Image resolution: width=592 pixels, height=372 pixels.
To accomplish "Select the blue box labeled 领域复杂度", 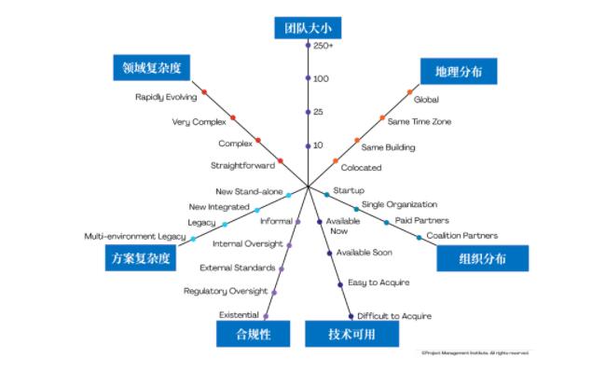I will tap(150, 67).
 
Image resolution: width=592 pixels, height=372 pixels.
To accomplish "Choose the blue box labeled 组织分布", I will tap(482, 258).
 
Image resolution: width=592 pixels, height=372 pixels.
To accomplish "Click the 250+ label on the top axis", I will tap(324, 46).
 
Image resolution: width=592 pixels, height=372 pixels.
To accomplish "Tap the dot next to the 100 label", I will tap(308, 78).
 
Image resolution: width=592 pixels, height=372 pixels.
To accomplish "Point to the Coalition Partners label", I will tap(461, 236).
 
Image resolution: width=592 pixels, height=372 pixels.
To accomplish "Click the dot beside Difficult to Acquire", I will tap(351, 315).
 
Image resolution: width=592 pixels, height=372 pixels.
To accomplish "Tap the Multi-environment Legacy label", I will tap(134, 237).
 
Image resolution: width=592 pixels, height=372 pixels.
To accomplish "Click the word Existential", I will tap(239, 315).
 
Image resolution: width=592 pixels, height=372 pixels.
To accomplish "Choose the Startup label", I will tap(349, 190).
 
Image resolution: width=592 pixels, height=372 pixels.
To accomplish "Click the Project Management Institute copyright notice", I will tap(475, 353).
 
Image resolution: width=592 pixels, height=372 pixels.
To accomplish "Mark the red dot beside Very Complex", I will tap(232, 117).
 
